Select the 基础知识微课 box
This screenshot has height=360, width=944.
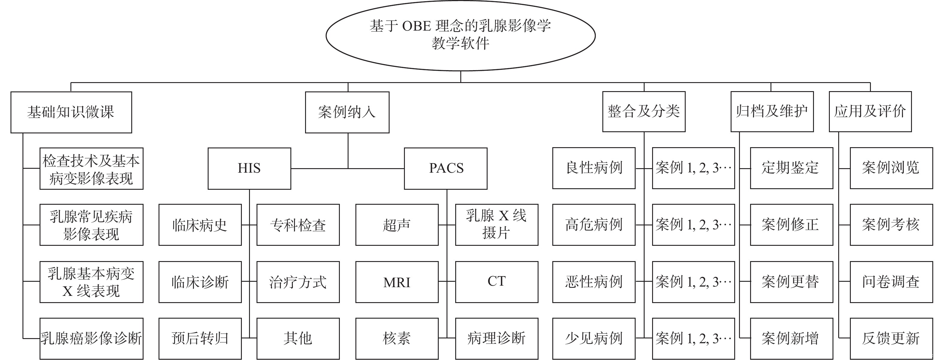coord(71,112)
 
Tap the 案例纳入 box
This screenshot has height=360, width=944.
coord(347,112)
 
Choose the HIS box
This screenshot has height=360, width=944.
coord(249,168)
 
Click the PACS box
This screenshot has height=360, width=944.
coord(446,168)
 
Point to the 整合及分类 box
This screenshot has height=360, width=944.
coord(643,112)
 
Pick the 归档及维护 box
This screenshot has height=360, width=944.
coord(772,112)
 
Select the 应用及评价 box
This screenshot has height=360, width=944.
coord(870,112)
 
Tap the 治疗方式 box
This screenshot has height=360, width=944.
coord(298,281)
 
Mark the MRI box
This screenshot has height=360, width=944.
coord(397,281)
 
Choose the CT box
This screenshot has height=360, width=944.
coord(497,281)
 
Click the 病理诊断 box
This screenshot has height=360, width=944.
coord(497,338)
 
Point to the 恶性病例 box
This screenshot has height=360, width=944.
coord(594,281)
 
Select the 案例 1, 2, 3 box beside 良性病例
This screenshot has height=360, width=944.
coord(693,168)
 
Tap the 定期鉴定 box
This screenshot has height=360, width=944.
coord(791,168)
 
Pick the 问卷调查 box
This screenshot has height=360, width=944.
coord(891,281)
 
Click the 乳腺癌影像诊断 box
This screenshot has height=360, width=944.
coord(91,338)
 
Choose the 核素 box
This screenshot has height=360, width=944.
coord(397,338)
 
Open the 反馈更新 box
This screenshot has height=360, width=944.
coord(891,338)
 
